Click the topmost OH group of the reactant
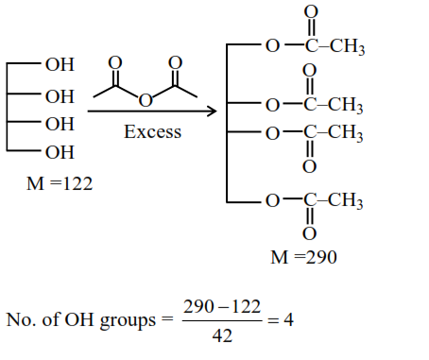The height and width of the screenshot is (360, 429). pos(59,66)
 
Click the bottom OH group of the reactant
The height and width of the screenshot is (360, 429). pos(59,151)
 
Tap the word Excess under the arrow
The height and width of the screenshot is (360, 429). pos(153,131)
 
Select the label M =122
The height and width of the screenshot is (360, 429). pos(58,183)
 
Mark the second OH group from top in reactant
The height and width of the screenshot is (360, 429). pos(59,95)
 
